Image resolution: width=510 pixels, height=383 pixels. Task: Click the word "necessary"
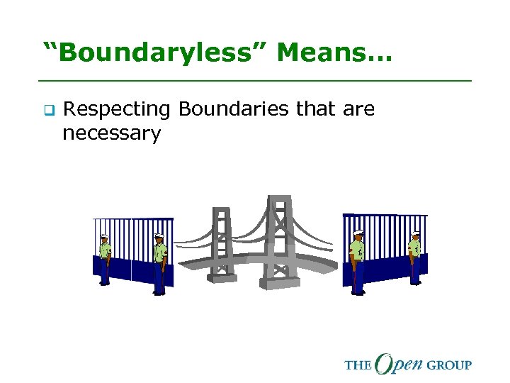tap(112, 133)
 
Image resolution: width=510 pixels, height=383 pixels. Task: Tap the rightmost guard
tap(414, 257)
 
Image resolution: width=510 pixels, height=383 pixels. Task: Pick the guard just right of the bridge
tap(357, 262)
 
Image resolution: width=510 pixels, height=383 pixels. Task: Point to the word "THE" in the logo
tap(358, 365)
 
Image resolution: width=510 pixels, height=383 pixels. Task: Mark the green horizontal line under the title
tap(255, 81)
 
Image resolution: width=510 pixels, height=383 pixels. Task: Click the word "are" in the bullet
tap(359, 109)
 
